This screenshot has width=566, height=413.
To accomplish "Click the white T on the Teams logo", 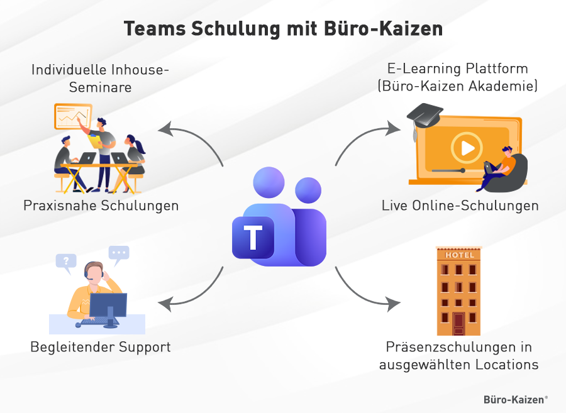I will [253, 238].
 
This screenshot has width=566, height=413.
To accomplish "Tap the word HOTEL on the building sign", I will [458, 255].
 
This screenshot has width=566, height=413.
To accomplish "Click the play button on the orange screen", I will [466, 148].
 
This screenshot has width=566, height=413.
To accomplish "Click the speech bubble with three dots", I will [118, 253].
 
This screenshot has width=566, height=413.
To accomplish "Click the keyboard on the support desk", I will [95, 324].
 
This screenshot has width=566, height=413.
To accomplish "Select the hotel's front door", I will [458, 324].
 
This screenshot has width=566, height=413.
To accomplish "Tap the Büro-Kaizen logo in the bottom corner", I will [515, 399].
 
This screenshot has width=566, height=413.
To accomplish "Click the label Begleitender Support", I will [101, 347].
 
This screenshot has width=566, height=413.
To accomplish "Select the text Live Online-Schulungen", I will [460, 206].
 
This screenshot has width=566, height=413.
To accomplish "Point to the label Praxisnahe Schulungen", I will [101, 206].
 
